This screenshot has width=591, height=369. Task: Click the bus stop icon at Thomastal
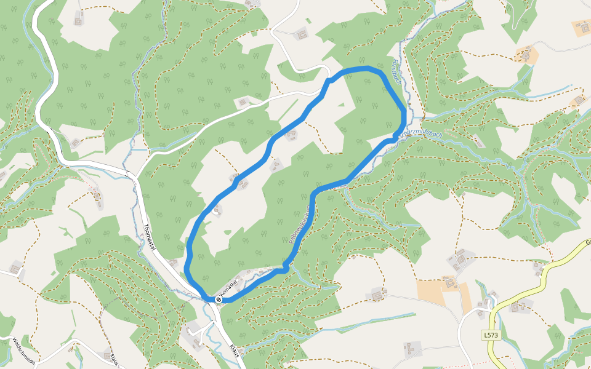tap(218, 299)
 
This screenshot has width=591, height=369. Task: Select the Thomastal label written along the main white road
tap(148, 236)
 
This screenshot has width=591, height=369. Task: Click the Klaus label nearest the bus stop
tap(234, 351)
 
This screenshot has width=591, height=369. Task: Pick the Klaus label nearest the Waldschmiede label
tap(115, 358)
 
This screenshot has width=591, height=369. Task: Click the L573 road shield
tap(491, 335)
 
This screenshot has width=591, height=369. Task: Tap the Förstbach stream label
tap(397, 70)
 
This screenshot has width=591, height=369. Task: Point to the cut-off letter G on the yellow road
tap(588, 242)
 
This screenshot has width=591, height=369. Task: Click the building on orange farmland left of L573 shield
tap(449, 283)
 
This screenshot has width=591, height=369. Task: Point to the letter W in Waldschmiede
tap(14, 340)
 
